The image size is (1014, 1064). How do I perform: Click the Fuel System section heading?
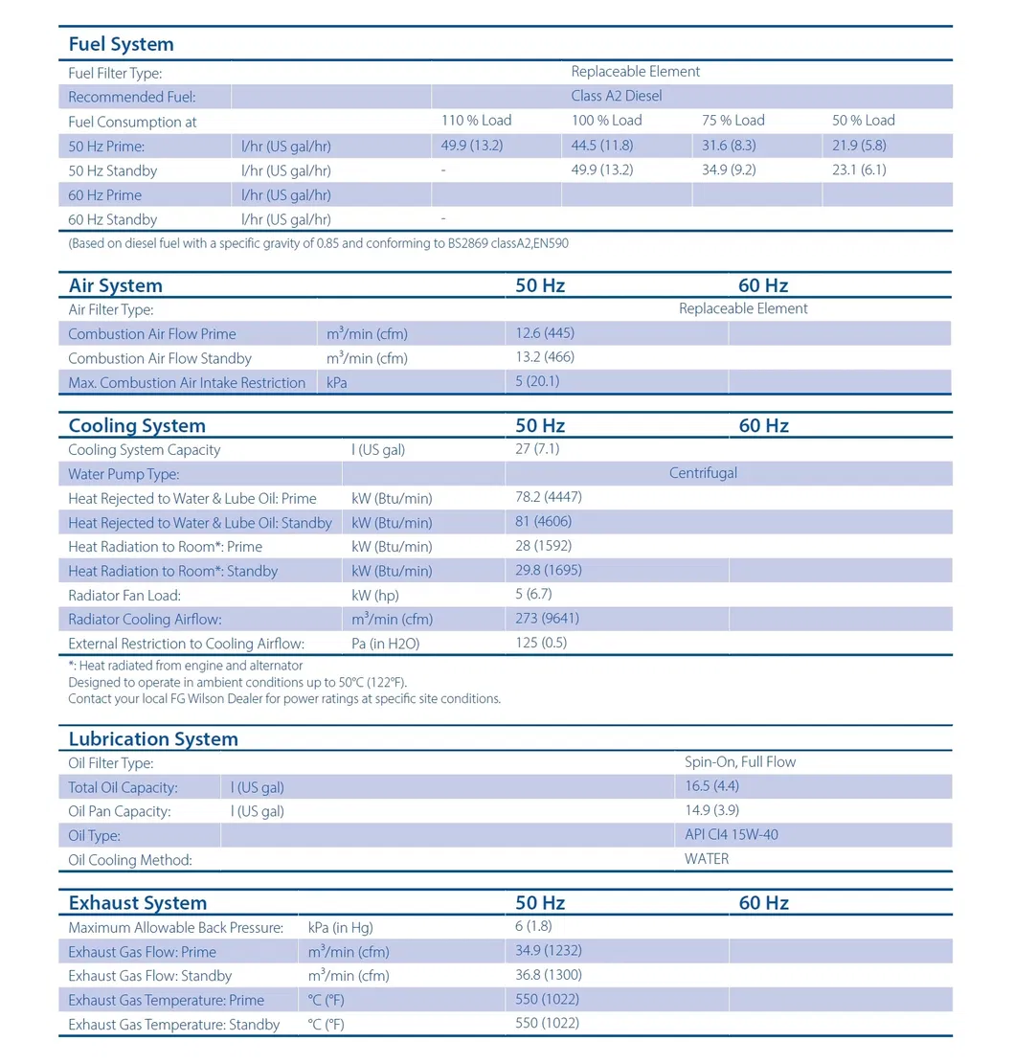(121, 44)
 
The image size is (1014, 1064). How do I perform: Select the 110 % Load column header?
(475, 121)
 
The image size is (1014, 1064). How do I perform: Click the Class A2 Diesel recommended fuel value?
(616, 96)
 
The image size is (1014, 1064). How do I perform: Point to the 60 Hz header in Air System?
(763, 285)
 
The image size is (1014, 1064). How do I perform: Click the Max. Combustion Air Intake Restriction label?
(187, 383)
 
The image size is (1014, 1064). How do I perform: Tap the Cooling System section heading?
(137, 426)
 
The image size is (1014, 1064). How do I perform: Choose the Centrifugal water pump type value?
(703, 473)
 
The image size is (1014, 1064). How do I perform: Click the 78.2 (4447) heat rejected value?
(549, 497)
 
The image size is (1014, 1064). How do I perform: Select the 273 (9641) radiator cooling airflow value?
(547, 619)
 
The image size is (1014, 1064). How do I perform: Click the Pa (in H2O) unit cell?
(385, 644)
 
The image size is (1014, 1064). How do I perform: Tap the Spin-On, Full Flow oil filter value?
(740, 762)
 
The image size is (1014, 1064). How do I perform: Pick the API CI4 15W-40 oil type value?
(731, 834)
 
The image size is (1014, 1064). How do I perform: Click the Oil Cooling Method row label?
(130, 860)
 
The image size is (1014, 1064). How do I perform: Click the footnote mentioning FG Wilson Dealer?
(284, 698)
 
